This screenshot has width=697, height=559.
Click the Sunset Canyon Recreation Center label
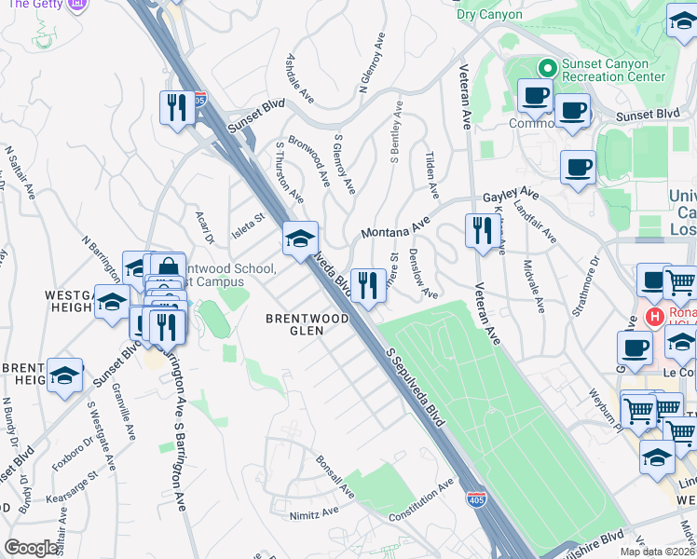click(613, 69)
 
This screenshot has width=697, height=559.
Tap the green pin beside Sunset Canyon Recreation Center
click(547, 68)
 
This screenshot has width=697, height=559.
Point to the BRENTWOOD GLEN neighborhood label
click(307, 324)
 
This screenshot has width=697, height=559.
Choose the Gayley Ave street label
click(512, 194)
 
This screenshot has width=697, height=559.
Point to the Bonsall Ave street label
click(335, 476)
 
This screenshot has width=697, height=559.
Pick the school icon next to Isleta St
click(300, 240)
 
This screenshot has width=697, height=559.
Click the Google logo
click(31, 548)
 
